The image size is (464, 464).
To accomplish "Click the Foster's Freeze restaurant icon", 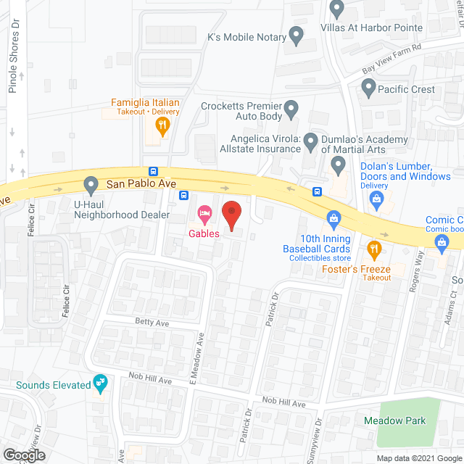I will (x=374, y=250).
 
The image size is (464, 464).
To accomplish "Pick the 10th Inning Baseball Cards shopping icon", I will (x=333, y=217).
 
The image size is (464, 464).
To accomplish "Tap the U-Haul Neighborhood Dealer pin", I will (x=91, y=186).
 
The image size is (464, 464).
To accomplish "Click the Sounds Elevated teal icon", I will (x=101, y=384).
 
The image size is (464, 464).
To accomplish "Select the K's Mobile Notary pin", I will (x=296, y=34).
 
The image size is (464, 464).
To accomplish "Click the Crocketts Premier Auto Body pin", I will (x=291, y=110).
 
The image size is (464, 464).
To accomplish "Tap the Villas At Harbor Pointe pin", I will (x=336, y=9).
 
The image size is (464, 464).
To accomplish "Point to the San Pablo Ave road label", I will (x=141, y=184).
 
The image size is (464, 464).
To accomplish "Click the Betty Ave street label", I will (x=151, y=320).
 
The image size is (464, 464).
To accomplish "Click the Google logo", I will (x=23, y=455).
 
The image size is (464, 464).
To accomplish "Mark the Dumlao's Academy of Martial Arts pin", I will (x=338, y=166).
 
